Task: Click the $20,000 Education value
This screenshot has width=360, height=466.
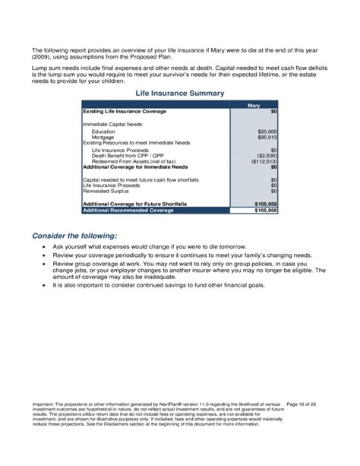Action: [267, 131]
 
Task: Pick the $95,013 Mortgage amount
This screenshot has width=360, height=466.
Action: [267, 137]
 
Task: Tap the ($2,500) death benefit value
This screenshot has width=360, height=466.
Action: [267, 156]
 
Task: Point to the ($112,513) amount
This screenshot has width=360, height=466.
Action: [264, 162]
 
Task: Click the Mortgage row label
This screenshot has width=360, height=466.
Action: [103, 137]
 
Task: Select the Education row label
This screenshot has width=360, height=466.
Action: [103, 131]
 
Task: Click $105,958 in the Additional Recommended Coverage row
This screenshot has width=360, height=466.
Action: [265, 210]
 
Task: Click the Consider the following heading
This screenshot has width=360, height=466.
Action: [74, 236]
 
